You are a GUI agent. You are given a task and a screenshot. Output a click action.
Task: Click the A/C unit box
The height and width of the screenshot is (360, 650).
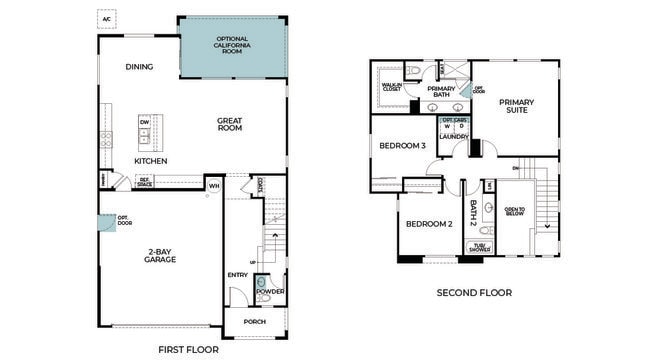[106, 18]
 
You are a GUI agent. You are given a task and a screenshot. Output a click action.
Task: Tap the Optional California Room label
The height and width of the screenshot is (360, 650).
[232, 44]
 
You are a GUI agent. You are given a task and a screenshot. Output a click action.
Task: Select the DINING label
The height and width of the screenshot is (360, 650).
[139, 67]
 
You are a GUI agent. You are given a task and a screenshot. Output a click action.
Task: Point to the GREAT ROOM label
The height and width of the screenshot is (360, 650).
[231, 125]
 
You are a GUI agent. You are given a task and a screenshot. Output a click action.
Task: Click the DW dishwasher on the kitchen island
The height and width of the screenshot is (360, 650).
[144, 123]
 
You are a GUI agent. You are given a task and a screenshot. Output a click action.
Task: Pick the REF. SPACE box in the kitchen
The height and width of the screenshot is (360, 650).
[144, 182]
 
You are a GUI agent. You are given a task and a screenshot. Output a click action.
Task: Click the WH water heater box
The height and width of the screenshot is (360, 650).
[213, 185]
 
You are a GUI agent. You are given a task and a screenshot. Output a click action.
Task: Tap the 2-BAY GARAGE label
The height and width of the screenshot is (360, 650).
[160, 255]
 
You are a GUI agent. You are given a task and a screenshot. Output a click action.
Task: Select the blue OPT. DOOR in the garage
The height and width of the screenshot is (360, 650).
[104, 222]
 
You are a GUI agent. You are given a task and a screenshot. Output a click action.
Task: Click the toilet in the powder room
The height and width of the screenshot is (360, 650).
[261, 283]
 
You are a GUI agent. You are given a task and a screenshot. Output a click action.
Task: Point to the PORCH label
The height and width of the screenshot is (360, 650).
[254, 321]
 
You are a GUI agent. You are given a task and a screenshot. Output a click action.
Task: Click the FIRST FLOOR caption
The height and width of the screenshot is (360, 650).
[189, 349]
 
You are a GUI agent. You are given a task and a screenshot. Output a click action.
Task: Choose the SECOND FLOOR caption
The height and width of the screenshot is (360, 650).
[474, 293]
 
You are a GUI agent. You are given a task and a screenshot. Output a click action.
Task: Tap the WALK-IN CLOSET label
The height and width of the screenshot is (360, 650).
[391, 87]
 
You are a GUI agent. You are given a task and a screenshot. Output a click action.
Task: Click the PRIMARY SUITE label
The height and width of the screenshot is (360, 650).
[517, 106]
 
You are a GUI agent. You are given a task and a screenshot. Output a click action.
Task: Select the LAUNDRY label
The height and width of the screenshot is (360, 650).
[454, 137]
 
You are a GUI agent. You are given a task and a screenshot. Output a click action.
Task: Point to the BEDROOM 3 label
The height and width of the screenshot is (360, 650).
[402, 146]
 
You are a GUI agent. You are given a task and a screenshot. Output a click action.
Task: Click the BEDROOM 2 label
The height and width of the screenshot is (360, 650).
[429, 223]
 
